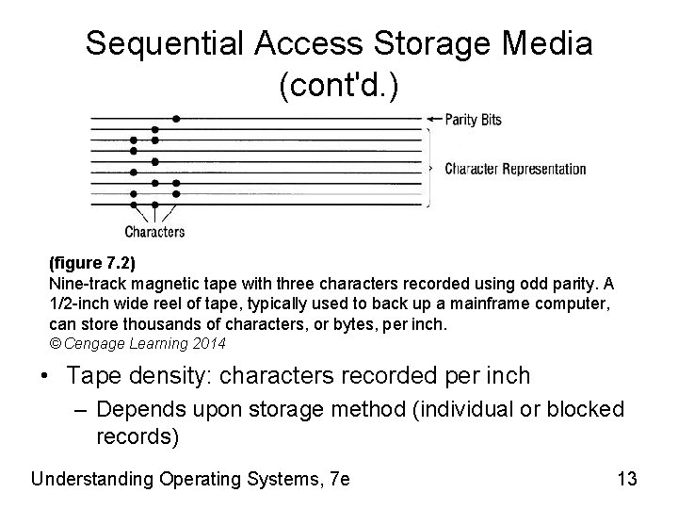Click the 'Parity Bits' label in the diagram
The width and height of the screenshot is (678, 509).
(474, 119)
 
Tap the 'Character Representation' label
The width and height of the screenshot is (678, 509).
(515, 170)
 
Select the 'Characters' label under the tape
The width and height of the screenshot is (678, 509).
(154, 231)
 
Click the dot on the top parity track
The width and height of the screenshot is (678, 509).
(176, 119)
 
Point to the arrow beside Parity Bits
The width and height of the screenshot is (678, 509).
(433, 119)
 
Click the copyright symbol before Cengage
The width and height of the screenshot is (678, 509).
(55, 344)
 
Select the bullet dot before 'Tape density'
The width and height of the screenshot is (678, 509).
(46, 377)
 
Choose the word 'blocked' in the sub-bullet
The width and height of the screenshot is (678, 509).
(589, 410)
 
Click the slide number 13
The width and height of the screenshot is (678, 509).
(627, 479)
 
